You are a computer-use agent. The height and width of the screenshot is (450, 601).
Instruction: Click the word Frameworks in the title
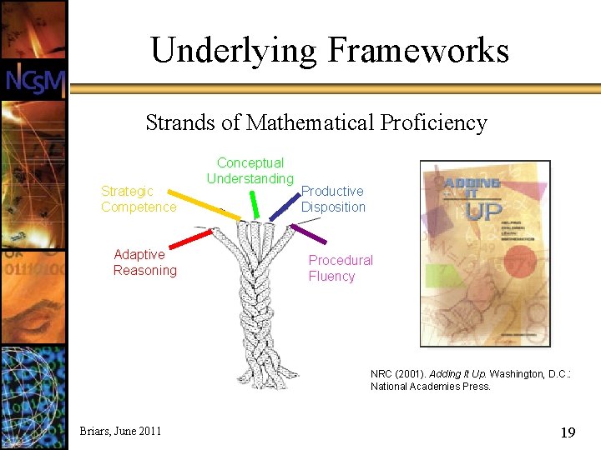[418, 51]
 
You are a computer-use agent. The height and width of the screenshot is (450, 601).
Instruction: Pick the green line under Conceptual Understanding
[252, 204]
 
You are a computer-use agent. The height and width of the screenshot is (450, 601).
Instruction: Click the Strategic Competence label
[139, 199]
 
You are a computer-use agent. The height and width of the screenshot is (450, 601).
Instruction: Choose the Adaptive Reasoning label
[145, 262]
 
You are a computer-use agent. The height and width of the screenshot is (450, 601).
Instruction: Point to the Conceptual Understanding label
[250, 171]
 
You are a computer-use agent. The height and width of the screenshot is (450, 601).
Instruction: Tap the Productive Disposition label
[333, 199]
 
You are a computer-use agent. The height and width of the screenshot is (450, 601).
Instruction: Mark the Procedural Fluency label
[340, 268]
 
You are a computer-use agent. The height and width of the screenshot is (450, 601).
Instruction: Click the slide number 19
[568, 432]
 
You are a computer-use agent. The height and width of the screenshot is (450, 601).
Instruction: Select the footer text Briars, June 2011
[120, 431]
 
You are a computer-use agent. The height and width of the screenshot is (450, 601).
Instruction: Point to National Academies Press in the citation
[431, 387]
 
